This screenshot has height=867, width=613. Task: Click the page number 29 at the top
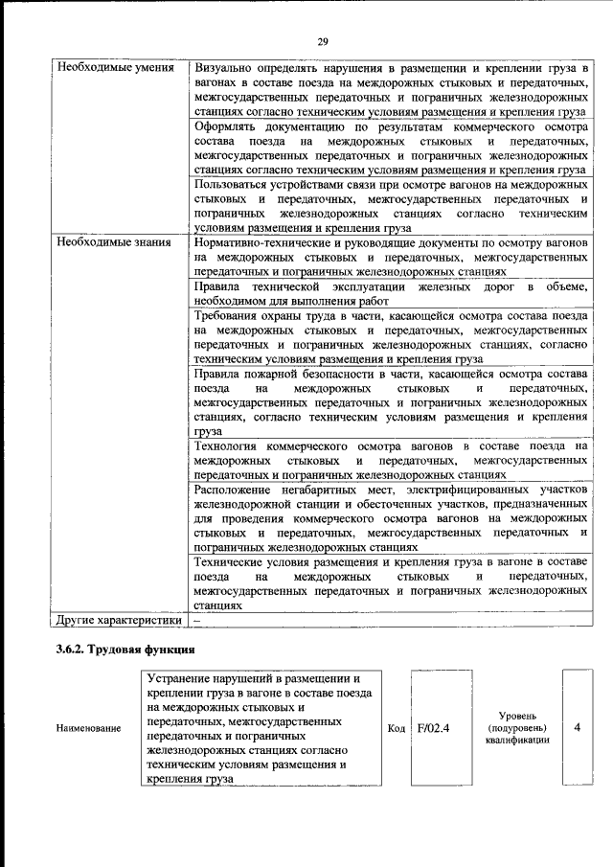pos(323,40)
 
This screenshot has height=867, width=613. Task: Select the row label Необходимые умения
pos(115,69)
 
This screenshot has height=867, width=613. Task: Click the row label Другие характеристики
pos(119,620)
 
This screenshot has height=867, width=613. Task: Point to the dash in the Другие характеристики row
pos(196,620)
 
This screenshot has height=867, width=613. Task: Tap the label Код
pos(396,728)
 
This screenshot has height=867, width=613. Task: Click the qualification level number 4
pos(577,727)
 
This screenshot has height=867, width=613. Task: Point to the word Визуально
pos(225,69)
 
